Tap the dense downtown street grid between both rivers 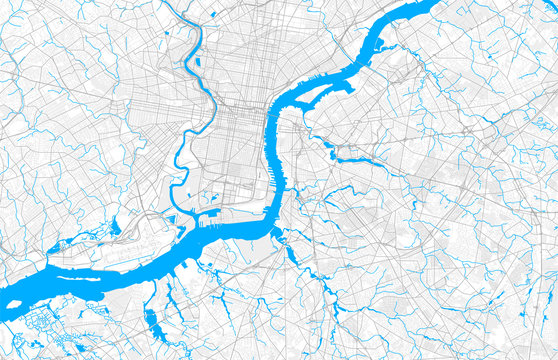click(x=240, y=140)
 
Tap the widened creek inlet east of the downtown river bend click(x=345, y=158)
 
